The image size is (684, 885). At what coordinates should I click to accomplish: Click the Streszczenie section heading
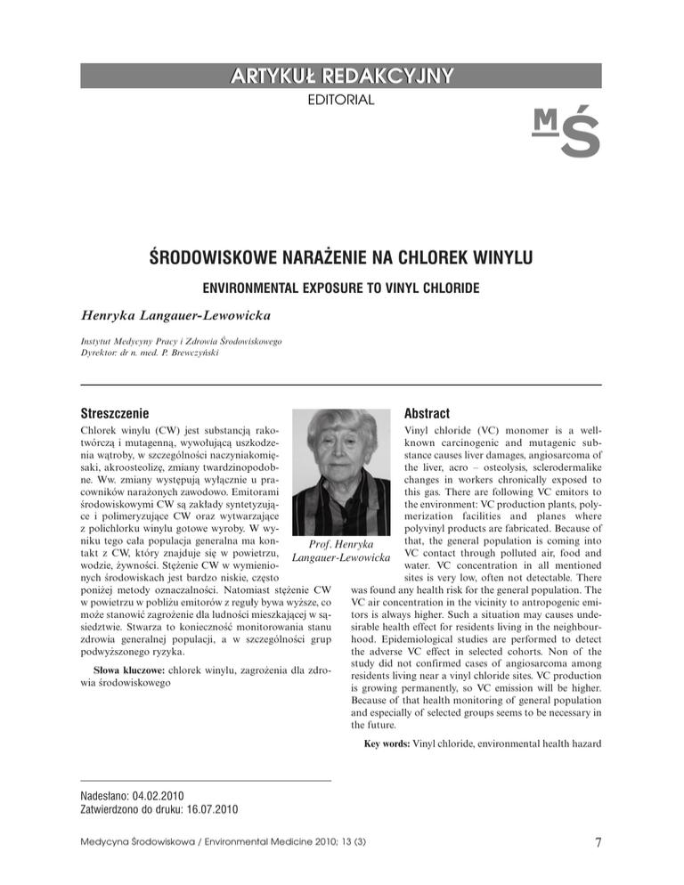tap(113, 413)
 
